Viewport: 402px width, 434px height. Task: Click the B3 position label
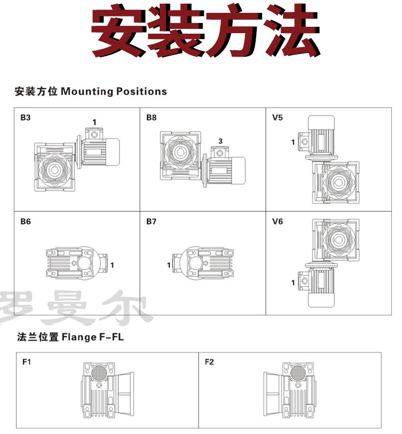pyautogui.click(x=25, y=117)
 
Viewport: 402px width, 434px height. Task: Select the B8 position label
pyautogui.click(x=151, y=117)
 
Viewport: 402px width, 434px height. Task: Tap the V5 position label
pyautogui.click(x=277, y=117)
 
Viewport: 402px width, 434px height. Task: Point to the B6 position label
pyautogui.click(x=25, y=221)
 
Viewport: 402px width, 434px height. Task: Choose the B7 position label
pyautogui.click(x=151, y=221)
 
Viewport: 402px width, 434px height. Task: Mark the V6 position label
pyautogui.click(x=277, y=221)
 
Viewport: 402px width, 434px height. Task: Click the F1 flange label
pyautogui.click(x=27, y=362)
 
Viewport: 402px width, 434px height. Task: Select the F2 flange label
pyautogui.click(x=209, y=362)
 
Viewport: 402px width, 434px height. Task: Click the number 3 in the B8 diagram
pyautogui.click(x=220, y=141)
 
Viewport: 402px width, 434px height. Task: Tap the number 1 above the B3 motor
pyautogui.click(x=94, y=122)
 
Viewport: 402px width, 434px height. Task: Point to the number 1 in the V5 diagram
pyautogui.click(x=293, y=142)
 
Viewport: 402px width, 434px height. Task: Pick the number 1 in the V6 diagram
pyautogui.click(x=293, y=282)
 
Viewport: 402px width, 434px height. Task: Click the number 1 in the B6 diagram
pyautogui.click(x=112, y=264)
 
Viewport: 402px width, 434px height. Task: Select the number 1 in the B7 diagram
pyautogui.click(x=168, y=264)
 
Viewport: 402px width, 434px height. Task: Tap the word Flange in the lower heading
pyautogui.click(x=78, y=338)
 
